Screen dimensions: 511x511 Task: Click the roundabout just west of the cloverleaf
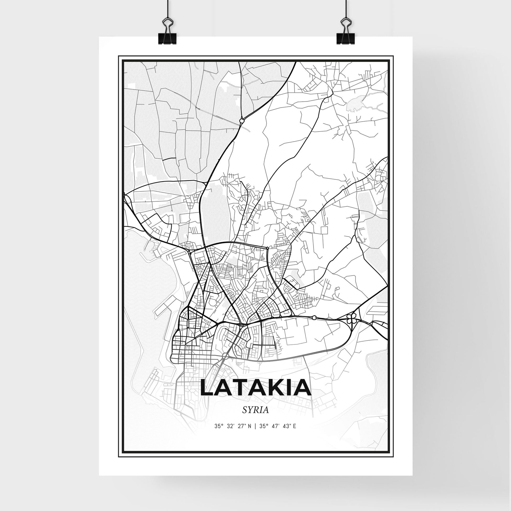point(314,317)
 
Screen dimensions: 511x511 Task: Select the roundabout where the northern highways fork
point(241,121)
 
